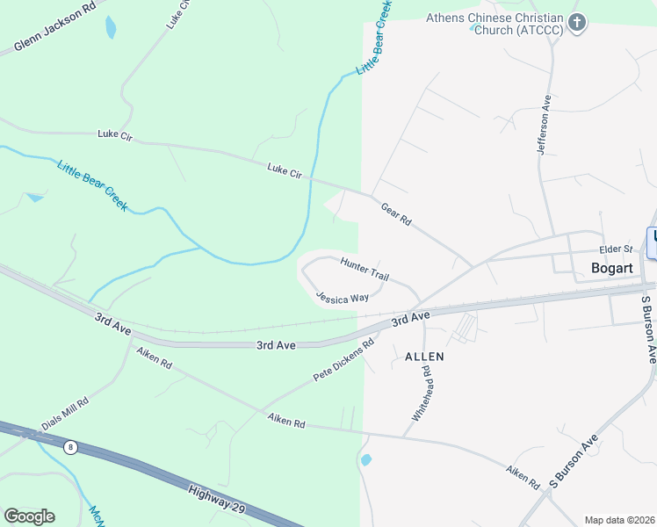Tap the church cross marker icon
(577, 23)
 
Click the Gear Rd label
(396, 214)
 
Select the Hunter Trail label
(365, 270)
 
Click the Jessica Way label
(343, 298)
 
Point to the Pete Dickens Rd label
(344, 360)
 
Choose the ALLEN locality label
(424, 357)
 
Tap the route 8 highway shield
(70, 447)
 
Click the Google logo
(29, 516)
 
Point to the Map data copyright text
(619, 520)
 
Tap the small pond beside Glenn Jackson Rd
(110, 27)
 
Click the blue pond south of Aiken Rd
(365, 459)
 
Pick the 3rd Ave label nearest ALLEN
(410, 318)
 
